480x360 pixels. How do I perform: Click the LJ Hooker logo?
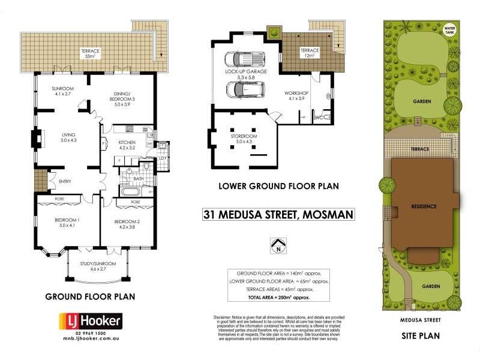(x=89, y=321)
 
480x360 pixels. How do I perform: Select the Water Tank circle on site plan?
(x=448, y=29)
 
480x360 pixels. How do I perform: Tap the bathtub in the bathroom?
(x=129, y=192)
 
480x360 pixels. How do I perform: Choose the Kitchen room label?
(x=127, y=145)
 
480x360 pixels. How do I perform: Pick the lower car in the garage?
(x=244, y=90)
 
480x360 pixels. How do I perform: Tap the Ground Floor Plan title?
(x=90, y=296)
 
